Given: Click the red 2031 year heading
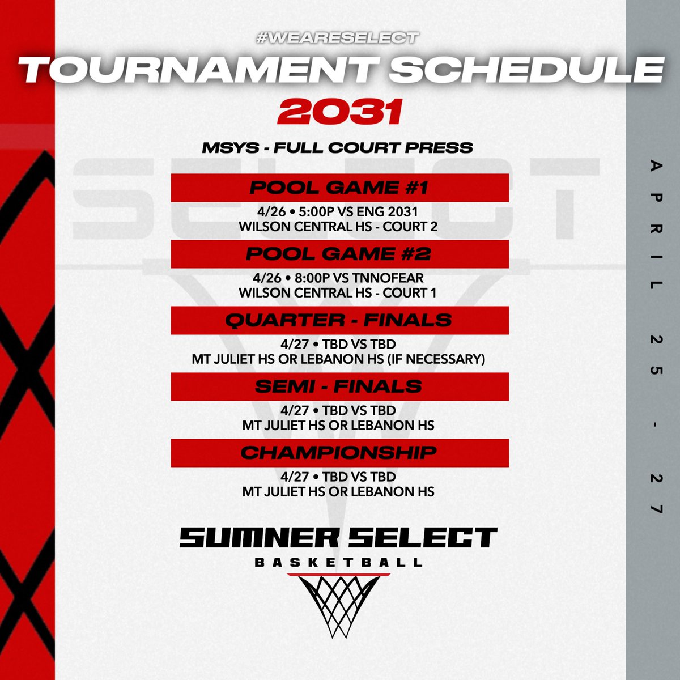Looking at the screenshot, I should [339, 111].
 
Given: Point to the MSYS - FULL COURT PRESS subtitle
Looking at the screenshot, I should [338, 148].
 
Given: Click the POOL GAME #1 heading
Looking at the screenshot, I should [339, 188].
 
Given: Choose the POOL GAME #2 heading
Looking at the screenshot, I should [339, 254].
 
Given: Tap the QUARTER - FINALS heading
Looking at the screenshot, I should [339, 320].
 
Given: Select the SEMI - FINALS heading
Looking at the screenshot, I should [339, 386].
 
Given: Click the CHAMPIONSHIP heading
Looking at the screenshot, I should [339, 453].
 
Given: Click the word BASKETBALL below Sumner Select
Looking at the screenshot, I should [339, 563].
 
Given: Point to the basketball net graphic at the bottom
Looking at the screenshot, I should [339, 603].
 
